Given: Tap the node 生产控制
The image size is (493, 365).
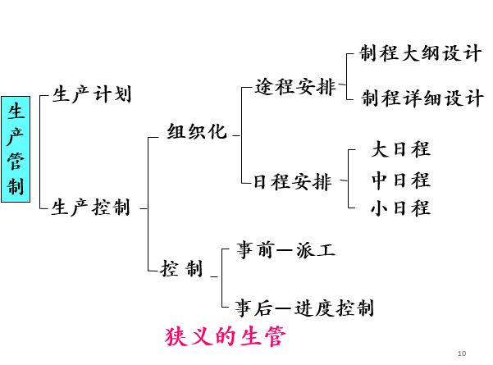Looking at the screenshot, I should click(x=91, y=208).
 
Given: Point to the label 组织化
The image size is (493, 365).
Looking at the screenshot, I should click(x=197, y=132).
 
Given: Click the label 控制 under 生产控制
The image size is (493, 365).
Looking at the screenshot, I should click(x=181, y=268).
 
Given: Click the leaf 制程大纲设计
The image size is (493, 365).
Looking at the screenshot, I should click(x=421, y=54).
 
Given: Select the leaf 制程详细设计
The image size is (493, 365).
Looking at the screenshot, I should click(x=422, y=98).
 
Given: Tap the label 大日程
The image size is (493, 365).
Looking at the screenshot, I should click(x=400, y=149).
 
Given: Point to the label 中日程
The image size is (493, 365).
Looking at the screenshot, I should click(x=400, y=180).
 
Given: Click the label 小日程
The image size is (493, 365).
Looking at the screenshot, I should click(x=400, y=208).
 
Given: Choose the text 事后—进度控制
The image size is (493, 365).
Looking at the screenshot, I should click(x=304, y=308).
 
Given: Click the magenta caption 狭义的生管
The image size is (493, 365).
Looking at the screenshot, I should click(x=225, y=337).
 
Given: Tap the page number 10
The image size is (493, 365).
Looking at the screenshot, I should click(x=461, y=354).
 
